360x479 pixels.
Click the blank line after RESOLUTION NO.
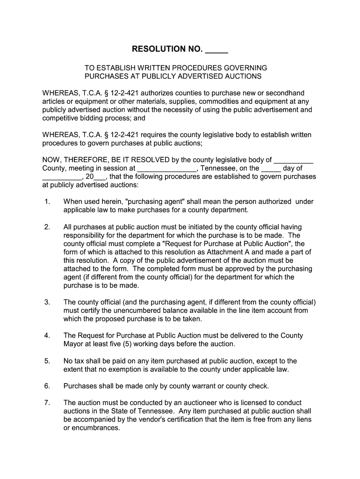click(216, 49)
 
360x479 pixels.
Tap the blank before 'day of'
click(271, 168)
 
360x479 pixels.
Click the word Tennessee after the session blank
click(218, 168)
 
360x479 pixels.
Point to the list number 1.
click(47, 202)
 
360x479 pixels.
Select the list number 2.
click(47, 227)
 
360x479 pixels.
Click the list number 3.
click(47, 302)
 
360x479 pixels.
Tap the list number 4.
click(47, 336)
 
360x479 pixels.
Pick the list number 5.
click(47, 361)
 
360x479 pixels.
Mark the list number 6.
click(47, 386)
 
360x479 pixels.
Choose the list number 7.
click(47, 403)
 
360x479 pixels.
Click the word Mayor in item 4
click(73, 344)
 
